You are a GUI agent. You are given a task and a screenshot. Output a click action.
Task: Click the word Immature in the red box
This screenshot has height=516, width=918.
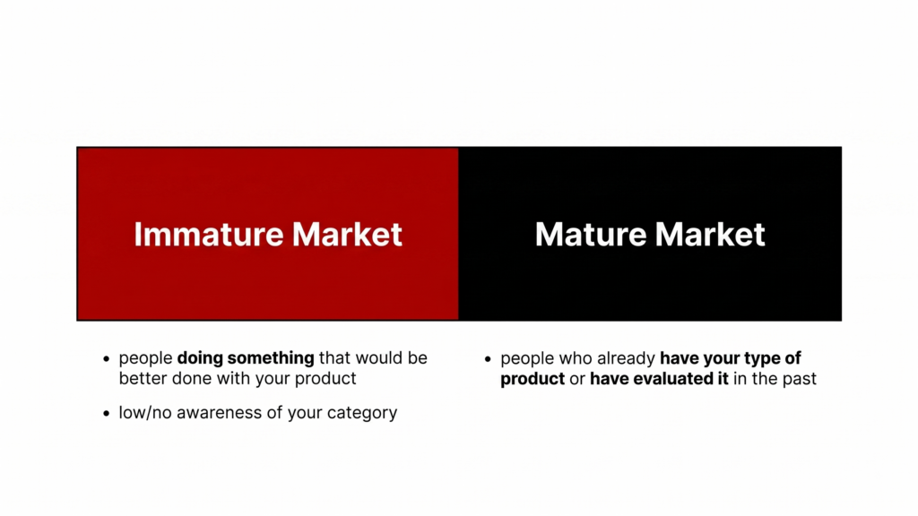point(208,235)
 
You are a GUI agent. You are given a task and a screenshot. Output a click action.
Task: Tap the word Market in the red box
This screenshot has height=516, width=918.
point(347,235)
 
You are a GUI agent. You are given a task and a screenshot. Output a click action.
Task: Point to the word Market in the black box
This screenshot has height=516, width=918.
point(710,235)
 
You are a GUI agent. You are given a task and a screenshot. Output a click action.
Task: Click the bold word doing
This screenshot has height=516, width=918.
point(200,358)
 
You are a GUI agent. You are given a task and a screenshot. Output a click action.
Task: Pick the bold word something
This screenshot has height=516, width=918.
point(271,358)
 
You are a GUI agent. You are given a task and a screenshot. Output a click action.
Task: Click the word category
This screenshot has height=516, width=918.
point(362,414)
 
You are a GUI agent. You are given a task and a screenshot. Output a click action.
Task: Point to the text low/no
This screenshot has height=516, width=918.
point(145,413)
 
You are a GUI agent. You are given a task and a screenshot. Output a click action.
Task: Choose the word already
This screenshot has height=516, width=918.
point(626,358)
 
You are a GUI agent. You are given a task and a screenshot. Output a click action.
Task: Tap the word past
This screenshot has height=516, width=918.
point(799,379)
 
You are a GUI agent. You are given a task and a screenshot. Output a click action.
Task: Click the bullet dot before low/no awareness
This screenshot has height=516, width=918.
point(106,414)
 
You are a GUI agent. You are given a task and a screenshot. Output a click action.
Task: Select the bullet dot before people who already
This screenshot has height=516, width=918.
point(488,359)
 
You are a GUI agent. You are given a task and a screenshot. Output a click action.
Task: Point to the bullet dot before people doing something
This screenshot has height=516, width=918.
point(106,358)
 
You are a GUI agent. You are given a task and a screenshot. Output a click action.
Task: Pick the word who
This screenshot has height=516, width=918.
point(576,358)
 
